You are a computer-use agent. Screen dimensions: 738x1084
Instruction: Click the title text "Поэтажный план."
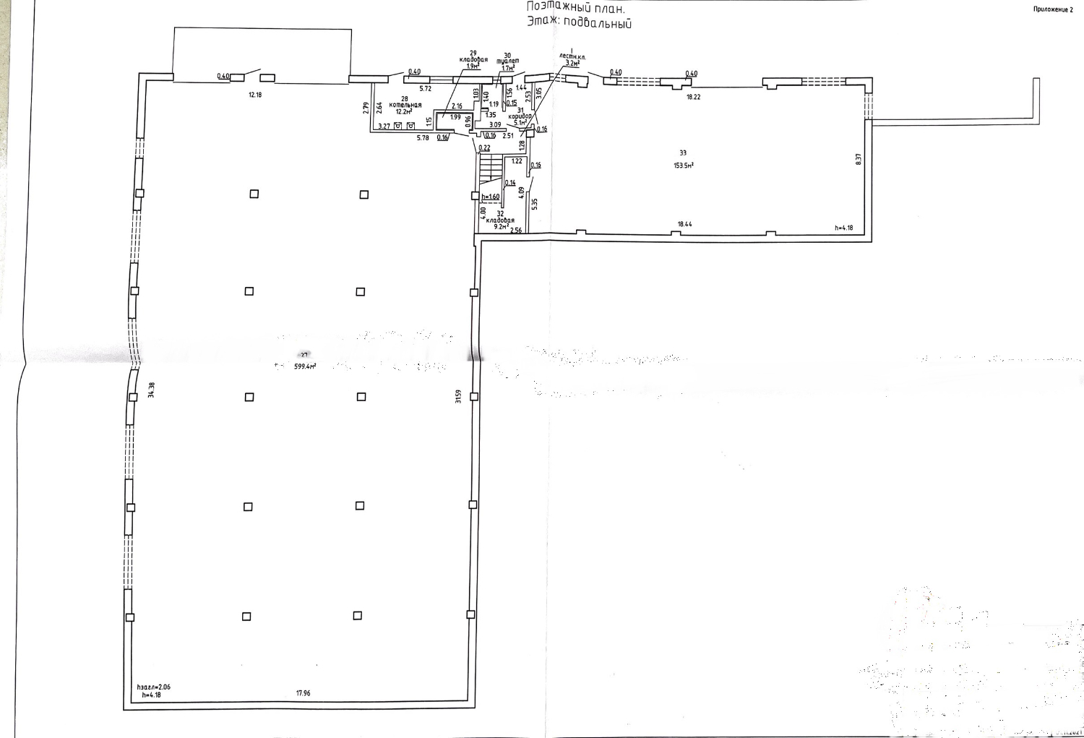[575, 7]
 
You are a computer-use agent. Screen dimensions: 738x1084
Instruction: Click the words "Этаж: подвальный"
[580, 22]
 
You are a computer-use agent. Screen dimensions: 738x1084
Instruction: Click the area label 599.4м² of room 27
[304, 366]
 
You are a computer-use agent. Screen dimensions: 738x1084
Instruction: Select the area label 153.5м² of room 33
[684, 165]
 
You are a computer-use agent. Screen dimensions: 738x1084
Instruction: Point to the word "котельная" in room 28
[405, 105]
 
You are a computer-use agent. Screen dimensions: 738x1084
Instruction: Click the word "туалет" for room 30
[508, 61]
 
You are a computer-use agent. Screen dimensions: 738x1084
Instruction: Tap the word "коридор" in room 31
[520, 116]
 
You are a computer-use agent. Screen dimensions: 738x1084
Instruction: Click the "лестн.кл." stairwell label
[572, 56]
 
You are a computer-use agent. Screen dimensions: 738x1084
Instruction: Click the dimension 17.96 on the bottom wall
[303, 693]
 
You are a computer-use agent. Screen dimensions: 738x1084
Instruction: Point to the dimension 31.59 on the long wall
[458, 396]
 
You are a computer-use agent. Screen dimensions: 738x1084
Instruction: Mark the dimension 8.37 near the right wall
[859, 159]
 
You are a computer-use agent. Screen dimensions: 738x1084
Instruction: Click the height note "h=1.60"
[491, 197]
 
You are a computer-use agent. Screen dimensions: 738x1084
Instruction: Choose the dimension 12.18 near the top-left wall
[254, 95]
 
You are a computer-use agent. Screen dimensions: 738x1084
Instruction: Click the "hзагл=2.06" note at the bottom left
[153, 687]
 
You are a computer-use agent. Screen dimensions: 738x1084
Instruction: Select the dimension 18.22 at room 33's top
[692, 96]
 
